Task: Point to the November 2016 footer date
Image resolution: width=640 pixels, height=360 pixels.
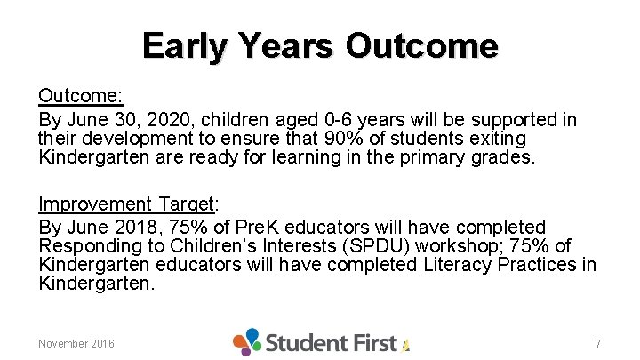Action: click(x=76, y=343)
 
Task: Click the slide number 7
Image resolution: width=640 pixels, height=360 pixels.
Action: click(x=598, y=343)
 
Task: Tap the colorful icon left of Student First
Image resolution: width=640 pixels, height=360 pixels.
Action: click(x=247, y=341)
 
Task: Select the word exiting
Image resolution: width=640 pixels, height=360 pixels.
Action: click(x=496, y=139)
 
